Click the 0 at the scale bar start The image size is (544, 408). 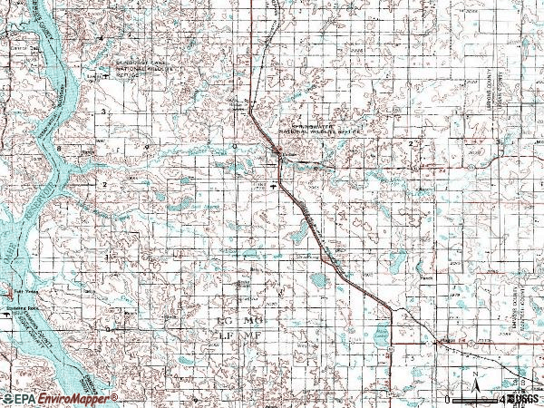coord(448,400)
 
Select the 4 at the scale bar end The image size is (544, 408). coord(500,400)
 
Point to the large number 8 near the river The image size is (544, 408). coord(60,147)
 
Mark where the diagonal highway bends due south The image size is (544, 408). coord(390,309)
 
